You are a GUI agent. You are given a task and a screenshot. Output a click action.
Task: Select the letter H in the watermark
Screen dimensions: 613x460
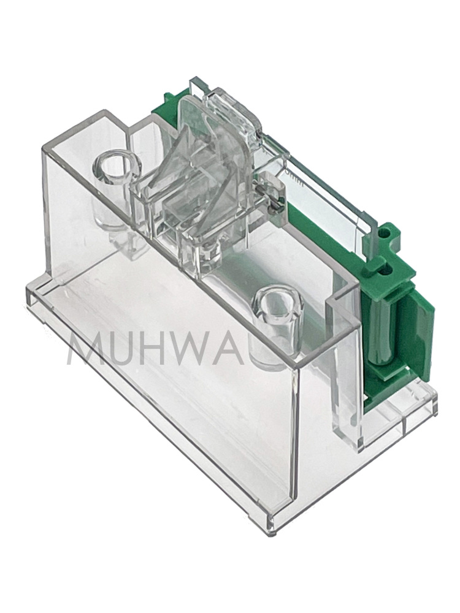click(178, 349)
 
